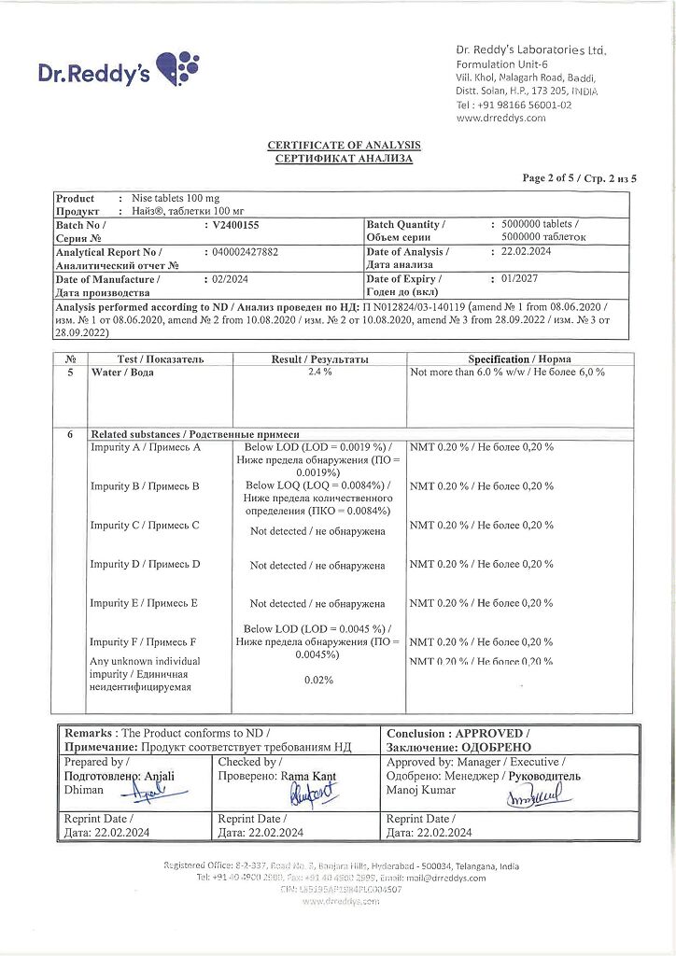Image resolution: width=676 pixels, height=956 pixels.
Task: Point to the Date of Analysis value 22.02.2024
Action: click(528, 252)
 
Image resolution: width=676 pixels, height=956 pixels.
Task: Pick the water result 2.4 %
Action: click(319, 372)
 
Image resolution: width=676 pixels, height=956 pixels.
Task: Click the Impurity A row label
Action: click(146, 447)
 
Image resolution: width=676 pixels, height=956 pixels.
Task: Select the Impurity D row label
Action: click(145, 564)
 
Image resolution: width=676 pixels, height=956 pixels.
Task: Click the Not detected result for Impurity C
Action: click(317, 531)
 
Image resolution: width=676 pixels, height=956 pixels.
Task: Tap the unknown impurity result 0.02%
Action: click(318, 680)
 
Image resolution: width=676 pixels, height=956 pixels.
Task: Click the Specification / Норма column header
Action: click(519, 358)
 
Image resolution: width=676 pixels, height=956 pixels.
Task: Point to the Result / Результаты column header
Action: click(319, 358)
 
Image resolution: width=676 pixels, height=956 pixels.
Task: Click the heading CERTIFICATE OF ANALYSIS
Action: click(344, 146)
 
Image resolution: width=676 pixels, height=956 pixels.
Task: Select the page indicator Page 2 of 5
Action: click(579, 177)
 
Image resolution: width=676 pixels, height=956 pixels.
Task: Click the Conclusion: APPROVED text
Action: click(458, 734)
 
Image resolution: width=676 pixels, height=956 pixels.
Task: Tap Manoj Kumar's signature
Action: click(530, 798)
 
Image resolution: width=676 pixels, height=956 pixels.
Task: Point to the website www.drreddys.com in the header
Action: click(500, 119)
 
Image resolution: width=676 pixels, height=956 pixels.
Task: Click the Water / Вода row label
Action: click(122, 372)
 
